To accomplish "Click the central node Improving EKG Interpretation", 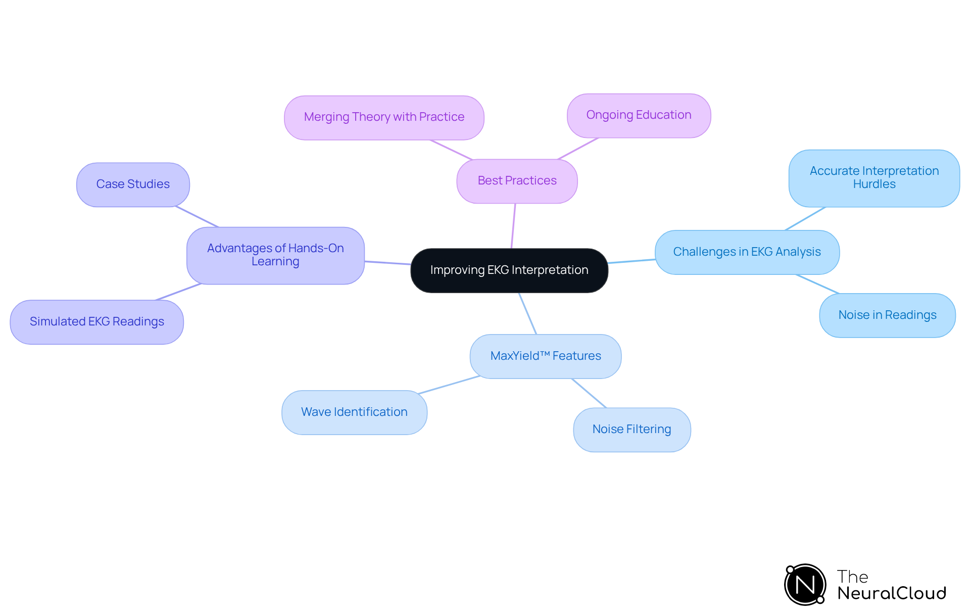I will (x=509, y=270).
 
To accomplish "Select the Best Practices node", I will (x=517, y=181).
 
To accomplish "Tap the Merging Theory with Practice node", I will (x=384, y=117).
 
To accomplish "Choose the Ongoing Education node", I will (x=639, y=115).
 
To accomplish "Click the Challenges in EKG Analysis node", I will (x=747, y=252).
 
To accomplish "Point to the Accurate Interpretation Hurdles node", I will (x=874, y=178).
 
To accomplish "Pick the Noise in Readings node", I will (x=887, y=315).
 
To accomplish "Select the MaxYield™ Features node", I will (x=546, y=356).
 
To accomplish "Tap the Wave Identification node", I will (x=354, y=412).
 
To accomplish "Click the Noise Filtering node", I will (x=632, y=430).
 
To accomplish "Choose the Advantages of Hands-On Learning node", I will (x=275, y=255).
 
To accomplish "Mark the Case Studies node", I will (x=133, y=184).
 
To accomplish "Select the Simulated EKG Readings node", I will (x=96, y=322).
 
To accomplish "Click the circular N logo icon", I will (x=805, y=585).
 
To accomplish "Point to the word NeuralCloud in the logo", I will (x=892, y=593).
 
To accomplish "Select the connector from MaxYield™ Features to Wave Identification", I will (x=449, y=385).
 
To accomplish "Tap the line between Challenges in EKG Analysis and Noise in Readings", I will (x=817, y=284).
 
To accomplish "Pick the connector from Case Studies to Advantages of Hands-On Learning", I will (x=197, y=217).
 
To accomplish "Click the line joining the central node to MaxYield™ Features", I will (x=527, y=313).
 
